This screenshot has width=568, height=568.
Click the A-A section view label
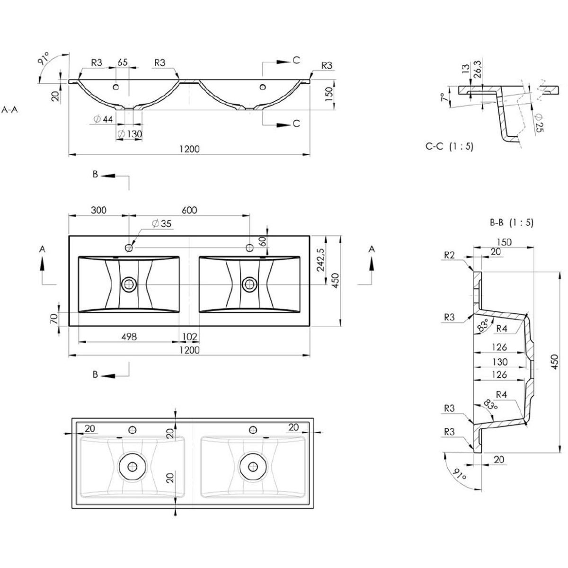(x=10, y=110)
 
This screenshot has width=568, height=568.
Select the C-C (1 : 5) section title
(x=449, y=147)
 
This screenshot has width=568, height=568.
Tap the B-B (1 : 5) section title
(x=511, y=222)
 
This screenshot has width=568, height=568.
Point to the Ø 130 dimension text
(x=129, y=134)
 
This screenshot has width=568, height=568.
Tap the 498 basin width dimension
(x=129, y=337)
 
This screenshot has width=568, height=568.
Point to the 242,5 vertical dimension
(x=321, y=260)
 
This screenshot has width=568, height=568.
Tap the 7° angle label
(x=443, y=98)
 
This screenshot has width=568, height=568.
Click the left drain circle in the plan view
(x=129, y=284)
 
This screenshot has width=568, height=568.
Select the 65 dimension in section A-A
(x=123, y=62)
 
